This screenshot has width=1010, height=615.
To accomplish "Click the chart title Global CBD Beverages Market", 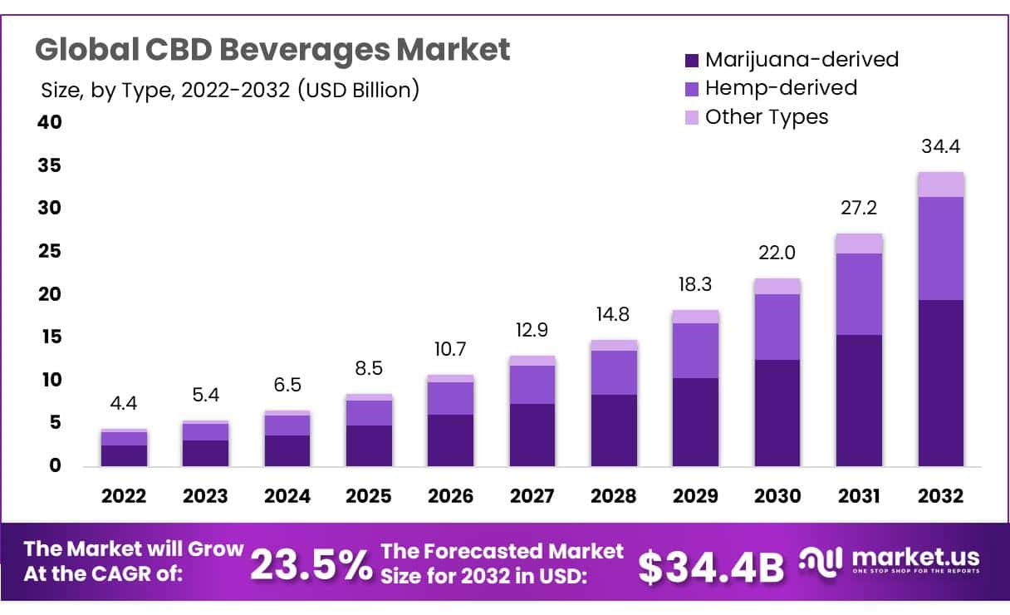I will click(272, 50).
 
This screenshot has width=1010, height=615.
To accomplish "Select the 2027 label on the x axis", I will click(532, 496).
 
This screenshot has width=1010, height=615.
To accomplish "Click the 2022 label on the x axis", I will click(124, 496).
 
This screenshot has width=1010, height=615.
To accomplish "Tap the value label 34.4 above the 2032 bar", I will click(940, 147).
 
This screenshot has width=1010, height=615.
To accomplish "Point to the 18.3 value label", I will click(695, 284).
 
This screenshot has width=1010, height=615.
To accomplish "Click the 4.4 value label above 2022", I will click(124, 404).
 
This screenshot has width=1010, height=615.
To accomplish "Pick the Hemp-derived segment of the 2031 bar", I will click(859, 294).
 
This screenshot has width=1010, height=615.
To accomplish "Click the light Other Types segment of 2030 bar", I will click(777, 286).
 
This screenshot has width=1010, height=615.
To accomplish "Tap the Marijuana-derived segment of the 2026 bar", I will click(451, 440).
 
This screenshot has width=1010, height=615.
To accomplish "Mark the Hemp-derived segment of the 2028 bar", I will click(614, 372).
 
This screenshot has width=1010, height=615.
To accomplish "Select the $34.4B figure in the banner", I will click(711, 567).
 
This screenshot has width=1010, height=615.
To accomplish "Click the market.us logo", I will click(889, 560).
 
